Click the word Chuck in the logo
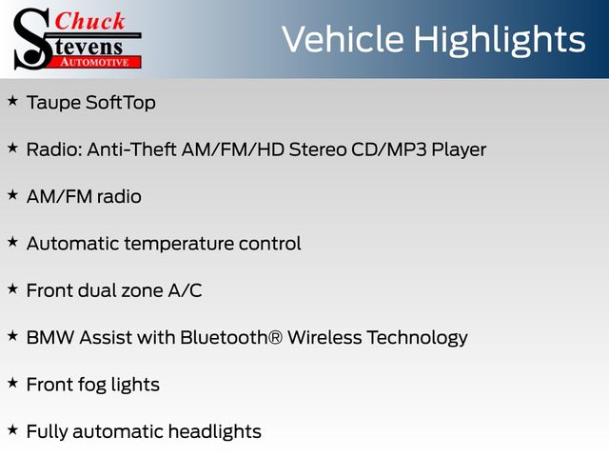click(89, 21)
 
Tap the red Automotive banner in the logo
click(95, 62)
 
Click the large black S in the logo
click(32, 39)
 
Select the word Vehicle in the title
click(343, 39)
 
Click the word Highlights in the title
click(499, 40)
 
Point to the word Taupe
click(53, 104)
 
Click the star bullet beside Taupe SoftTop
click(12, 101)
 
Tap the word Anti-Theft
click(131, 149)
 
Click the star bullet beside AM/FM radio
click(12, 195)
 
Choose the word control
click(270, 244)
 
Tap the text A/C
click(185, 290)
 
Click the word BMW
click(50, 337)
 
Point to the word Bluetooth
click(226, 337)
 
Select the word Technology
click(418, 339)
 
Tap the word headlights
click(215, 432)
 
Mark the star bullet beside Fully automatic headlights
click(12, 429)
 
